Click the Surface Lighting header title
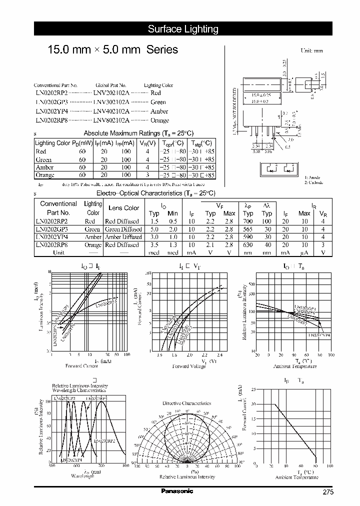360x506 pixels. (183, 29)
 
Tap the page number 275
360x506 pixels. (327, 492)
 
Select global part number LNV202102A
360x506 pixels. (111, 93)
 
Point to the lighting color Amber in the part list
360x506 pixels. (159, 111)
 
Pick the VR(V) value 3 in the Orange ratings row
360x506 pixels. (147, 175)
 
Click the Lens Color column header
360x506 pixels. (124, 208)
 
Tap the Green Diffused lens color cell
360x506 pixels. (123, 229)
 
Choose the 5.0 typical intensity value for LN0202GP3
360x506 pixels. (154, 229)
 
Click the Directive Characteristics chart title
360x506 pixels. (186, 403)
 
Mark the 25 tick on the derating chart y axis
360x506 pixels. (253, 388)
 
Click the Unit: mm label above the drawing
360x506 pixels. (311, 51)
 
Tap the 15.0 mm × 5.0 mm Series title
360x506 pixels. (112, 50)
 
